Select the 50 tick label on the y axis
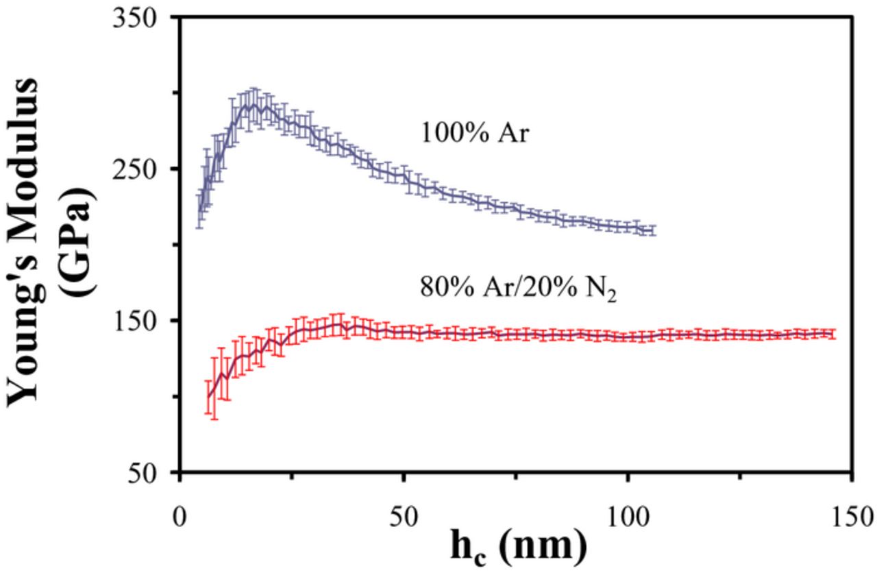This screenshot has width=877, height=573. (x=151, y=472)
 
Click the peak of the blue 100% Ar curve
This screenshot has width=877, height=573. (x=254, y=104)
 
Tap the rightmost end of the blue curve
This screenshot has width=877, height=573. (x=654, y=231)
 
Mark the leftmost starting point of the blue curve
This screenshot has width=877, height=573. (x=199, y=212)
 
